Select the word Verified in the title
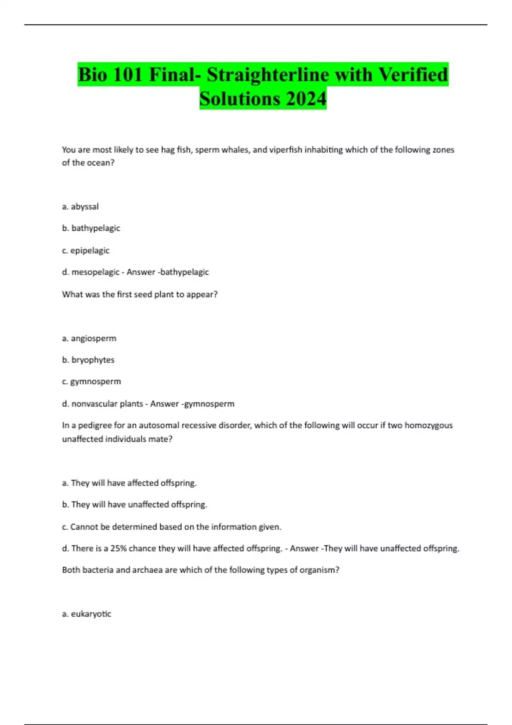coord(413,75)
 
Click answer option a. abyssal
coord(80,206)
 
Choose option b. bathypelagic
coord(91,228)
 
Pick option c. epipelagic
coord(86,250)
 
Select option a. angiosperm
coord(89,338)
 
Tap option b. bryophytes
coord(88,360)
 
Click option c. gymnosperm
coord(91,381)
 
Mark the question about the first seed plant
coord(140,294)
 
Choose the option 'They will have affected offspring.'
coord(129,483)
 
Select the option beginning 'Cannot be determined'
coord(172,527)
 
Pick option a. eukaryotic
coord(87,614)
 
